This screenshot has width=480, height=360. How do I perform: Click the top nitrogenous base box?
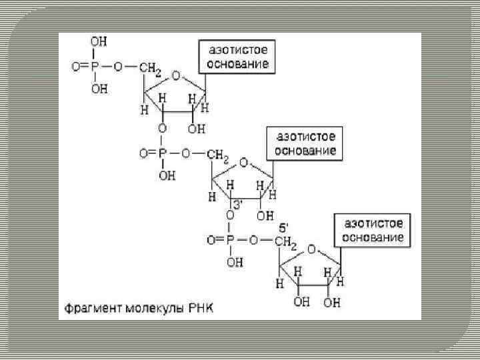(236, 57)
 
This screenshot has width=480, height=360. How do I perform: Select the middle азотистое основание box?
(306, 143)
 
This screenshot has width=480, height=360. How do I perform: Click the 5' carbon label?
(283, 227)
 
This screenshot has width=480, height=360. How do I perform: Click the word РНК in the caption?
(215, 309)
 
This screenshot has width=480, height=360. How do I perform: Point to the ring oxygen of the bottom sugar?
(312, 249)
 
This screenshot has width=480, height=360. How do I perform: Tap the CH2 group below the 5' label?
(285, 241)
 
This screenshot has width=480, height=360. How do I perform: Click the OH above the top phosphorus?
(99, 42)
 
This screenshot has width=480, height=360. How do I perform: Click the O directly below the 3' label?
(230, 215)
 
